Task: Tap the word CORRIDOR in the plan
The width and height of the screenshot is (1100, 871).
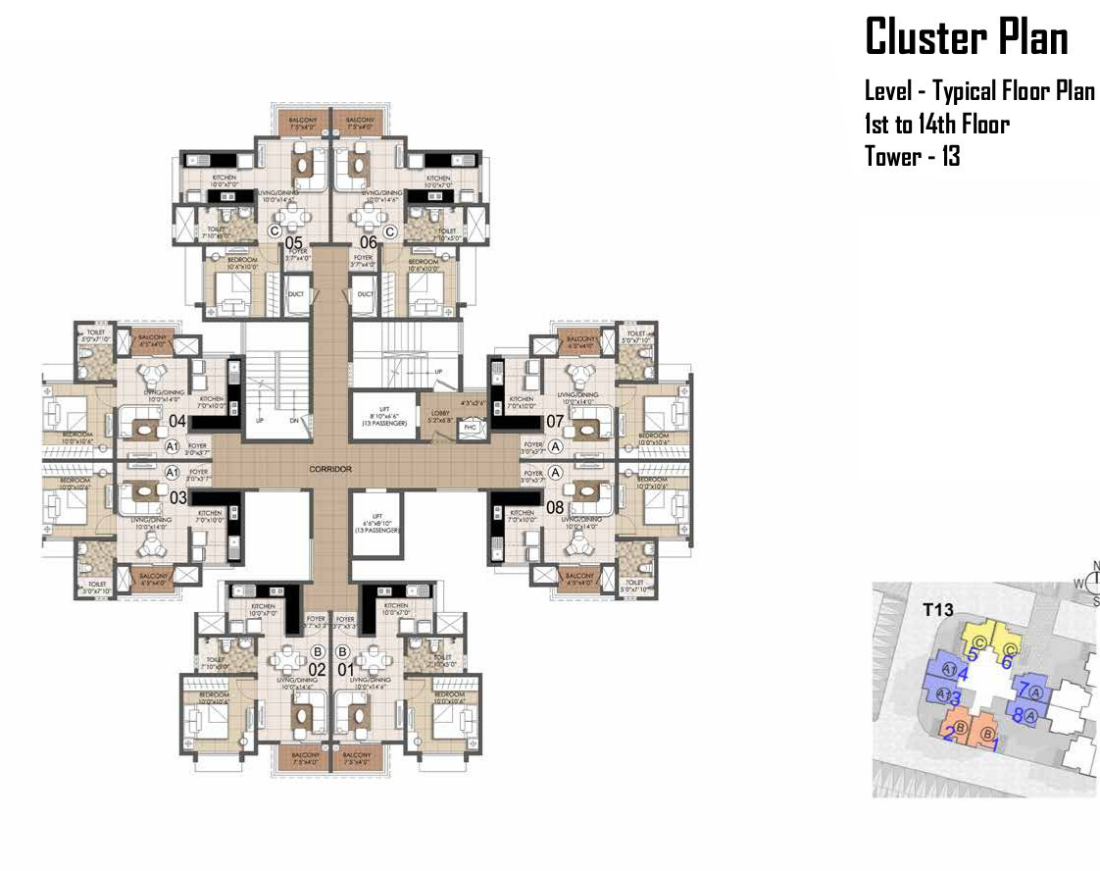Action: [x=330, y=470]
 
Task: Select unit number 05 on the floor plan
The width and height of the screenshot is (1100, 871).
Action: [x=293, y=242]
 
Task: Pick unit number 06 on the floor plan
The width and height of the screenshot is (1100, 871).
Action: [x=369, y=242]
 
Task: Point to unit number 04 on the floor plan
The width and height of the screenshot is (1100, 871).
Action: [x=177, y=422]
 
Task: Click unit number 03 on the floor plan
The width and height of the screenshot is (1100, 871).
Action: [x=177, y=497]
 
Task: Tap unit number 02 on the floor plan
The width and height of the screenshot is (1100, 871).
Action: [x=317, y=670]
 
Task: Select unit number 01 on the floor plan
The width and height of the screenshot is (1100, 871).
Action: [x=344, y=670]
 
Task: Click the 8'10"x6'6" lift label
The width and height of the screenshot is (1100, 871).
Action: [x=377, y=416]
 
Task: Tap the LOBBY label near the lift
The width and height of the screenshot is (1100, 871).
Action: [x=440, y=413]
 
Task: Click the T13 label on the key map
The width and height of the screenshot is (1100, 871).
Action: [x=938, y=610]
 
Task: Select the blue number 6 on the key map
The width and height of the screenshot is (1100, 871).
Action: [x=1006, y=661]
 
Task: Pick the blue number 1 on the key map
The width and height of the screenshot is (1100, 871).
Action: [x=997, y=745]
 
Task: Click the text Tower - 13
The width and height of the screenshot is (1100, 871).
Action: [x=912, y=156]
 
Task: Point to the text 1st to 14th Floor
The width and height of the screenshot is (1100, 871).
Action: [x=936, y=125]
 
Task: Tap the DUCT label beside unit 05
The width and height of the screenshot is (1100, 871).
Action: [x=296, y=293]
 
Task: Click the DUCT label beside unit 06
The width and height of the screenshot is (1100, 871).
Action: [x=365, y=293]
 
